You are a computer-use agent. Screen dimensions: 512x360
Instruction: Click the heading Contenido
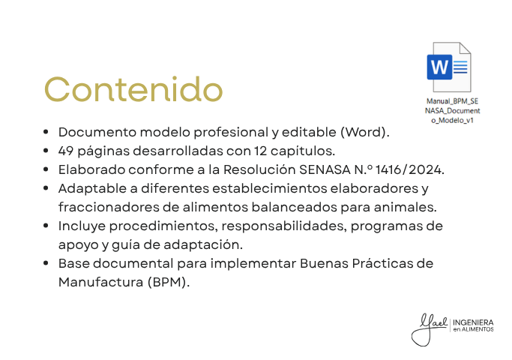pyautogui.click(x=133, y=89)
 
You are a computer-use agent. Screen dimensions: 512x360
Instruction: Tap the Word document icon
pyautogui.click(x=449, y=67)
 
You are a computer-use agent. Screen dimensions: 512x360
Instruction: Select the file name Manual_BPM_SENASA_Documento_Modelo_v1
pyautogui.click(x=452, y=111)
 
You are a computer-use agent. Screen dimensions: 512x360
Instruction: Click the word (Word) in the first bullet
pyautogui.click(x=365, y=132)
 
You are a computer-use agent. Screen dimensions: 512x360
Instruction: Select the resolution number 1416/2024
pyautogui.click(x=409, y=169)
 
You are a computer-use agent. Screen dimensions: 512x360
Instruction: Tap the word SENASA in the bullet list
pyautogui.click(x=325, y=169)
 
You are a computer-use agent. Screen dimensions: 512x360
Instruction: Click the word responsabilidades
pyautogui.click(x=284, y=226)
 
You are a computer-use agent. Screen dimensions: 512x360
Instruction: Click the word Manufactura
pyautogui.click(x=100, y=282)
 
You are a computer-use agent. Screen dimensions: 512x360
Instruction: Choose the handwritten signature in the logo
pyautogui.click(x=429, y=329)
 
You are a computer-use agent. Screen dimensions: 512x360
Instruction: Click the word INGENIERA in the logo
pyautogui.click(x=473, y=322)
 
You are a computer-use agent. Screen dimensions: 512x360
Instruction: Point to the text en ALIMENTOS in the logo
pyautogui.click(x=473, y=329)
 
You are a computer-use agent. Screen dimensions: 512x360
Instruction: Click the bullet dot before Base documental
pyautogui.click(x=46, y=263)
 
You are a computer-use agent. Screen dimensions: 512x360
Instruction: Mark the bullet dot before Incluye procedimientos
pyautogui.click(x=46, y=226)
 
